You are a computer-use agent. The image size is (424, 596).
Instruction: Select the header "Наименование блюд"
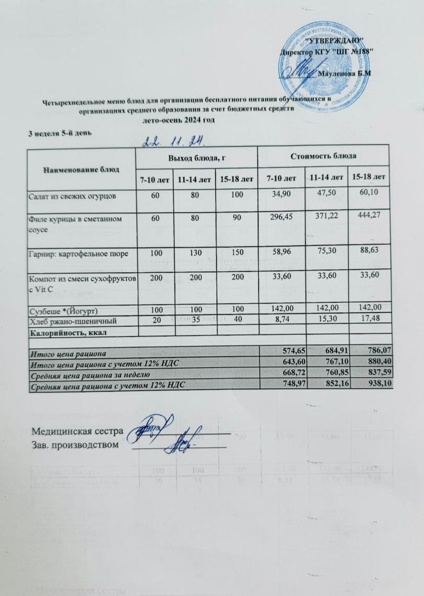coord(81,169)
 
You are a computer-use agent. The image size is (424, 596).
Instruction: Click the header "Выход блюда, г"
coord(196,157)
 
